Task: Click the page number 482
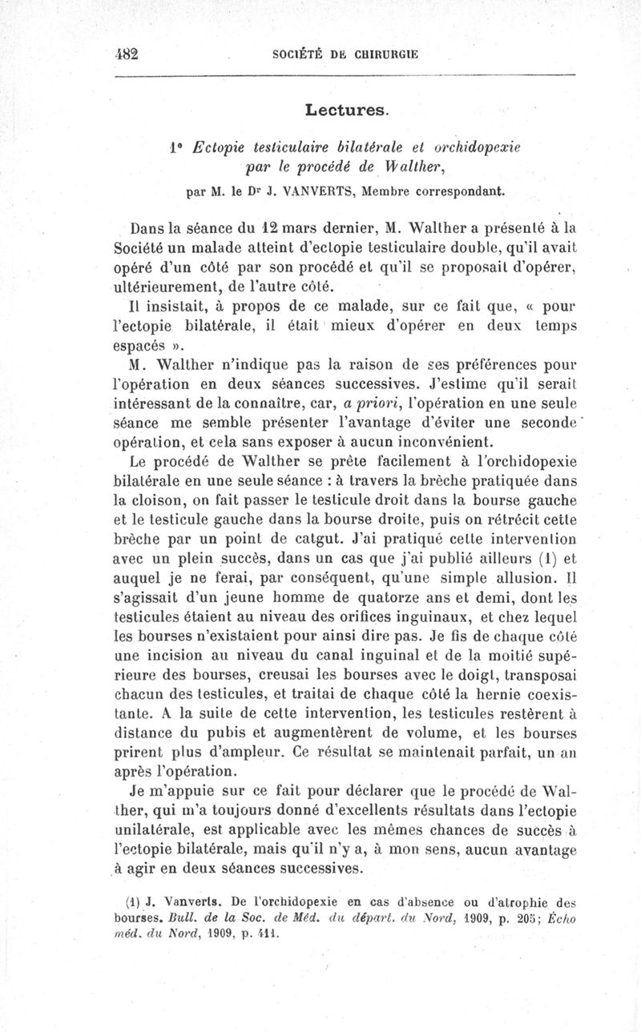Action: pos(127,54)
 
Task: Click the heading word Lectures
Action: pos(346,107)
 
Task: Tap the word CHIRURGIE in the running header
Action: pos(381,54)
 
